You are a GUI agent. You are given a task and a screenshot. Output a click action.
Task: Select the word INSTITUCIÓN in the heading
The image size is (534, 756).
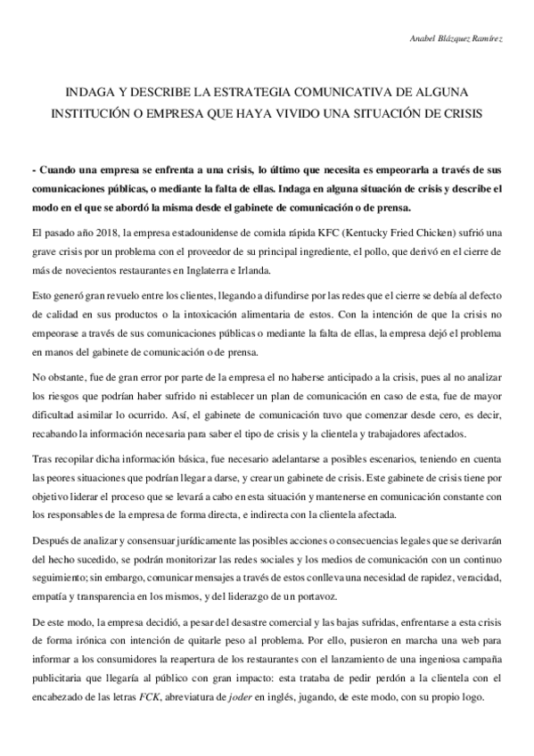102,114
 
